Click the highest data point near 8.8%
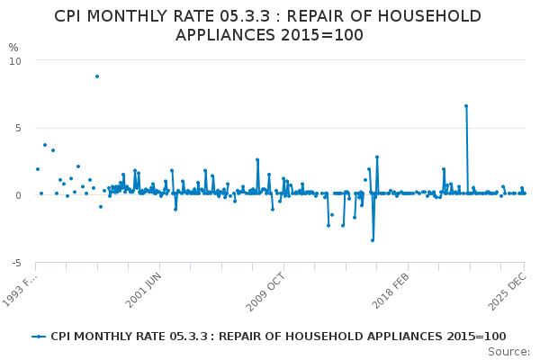click(97, 76)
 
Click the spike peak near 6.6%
click(466, 106)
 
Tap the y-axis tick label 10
click(14, 60)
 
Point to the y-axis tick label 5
click(17, 128)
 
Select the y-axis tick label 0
click(17, 195)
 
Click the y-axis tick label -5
click(15, 263)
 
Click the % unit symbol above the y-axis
click(13, 47)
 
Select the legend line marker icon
click(39, 337)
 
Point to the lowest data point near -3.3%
click(373, 239)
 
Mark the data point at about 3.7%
click(45, 145)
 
